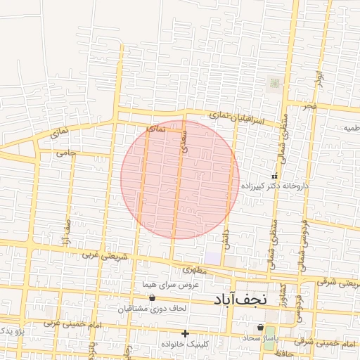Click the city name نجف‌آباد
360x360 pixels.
pos(239,300)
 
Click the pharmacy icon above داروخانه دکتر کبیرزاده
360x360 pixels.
pos(275,175)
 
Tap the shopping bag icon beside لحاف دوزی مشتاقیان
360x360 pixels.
pos(152,298)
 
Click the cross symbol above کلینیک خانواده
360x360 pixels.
pos(185,333)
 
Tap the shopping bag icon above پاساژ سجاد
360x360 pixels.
pos(261,327)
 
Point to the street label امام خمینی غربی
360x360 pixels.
pos(73,324)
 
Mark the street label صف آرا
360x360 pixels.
pos(67,231)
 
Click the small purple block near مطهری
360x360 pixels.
pos(212,259)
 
